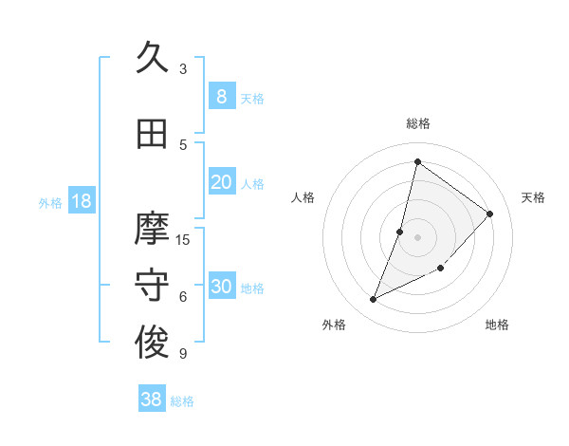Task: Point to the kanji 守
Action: pos(152,286)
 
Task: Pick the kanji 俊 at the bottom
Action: pos(152,344)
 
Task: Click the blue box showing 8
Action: pos(221,97)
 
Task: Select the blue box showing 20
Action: pos(221,182)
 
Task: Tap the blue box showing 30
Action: pos(221,287)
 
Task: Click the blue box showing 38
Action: pos(152,400)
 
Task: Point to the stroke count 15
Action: pos(183,239)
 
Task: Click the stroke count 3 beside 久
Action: pos(183,69)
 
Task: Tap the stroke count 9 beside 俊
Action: pos(183,354)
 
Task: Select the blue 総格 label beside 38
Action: pos(182,401)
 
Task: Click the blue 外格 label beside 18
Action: pos(49,202)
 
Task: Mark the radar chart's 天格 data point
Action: pos(490,214)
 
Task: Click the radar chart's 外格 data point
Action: pos(374,300)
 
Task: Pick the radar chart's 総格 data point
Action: pos(417,161)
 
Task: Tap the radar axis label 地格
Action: pos(497,325)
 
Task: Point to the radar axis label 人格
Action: pos(303,197)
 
